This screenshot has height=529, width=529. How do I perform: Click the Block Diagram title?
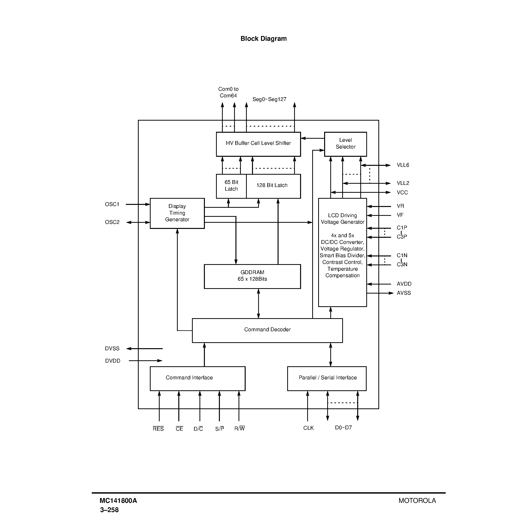click(x=263, y=39)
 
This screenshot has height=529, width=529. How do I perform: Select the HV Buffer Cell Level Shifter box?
click(x=258, y=144)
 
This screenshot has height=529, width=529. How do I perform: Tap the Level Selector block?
click(x=345, y=144)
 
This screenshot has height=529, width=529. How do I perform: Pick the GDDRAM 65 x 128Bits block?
click(x=252, y=276)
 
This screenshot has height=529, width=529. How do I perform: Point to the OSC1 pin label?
click(x=112, y=204)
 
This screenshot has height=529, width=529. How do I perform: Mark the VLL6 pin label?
click(x=403, y=165)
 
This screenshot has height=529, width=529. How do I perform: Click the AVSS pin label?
click(x=404, y=293)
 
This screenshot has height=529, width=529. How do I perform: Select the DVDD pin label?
click(x=113, y=361)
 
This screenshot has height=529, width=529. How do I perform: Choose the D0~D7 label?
click(x=343, y=427)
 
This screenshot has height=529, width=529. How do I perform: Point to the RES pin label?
click(x=158, y=429)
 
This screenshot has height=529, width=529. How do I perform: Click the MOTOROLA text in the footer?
click(x=417, y=501)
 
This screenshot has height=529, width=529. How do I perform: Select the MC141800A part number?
click(x=118, y=501)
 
